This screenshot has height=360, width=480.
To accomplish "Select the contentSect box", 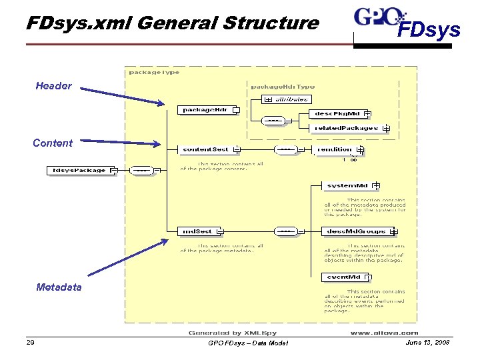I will (205, 149).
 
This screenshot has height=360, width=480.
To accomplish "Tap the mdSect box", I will (198, 231).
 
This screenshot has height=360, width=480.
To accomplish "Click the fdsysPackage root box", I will (79, 170).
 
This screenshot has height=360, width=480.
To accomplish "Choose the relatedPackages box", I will (346, 127).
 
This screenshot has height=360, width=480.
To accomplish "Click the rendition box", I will (335, 149).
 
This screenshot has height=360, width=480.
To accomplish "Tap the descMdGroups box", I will (357, 231).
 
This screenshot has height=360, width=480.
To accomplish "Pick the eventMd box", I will (343, 277).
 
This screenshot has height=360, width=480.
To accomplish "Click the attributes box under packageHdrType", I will (288, 99).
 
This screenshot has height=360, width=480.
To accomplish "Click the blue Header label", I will (54, 86).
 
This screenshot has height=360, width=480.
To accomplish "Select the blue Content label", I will (53, 143).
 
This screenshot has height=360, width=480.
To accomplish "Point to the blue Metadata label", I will (59, 287).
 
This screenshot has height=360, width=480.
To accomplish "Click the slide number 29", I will (30, 343).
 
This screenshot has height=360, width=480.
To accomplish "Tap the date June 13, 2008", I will (428, 342).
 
